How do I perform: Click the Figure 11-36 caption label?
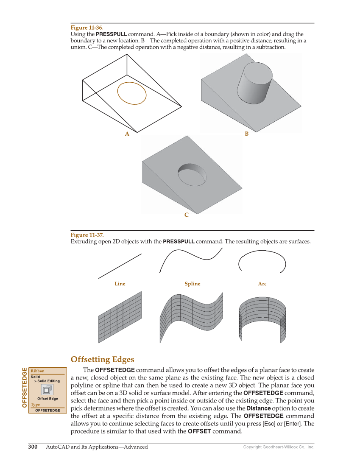[x=87, y=28]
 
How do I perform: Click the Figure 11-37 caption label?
[x=87, y=235]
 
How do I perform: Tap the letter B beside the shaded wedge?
[x=246, y=134]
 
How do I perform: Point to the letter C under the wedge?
[x=186, y=215]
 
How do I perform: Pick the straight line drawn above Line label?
[x=120, y=266]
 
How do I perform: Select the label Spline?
[x=192, y=284]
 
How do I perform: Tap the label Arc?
[x=262, y=284]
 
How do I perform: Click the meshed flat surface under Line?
[x=120, y=316]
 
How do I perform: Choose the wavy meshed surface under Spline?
[x=191, y=316]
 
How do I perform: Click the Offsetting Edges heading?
[x=102, y=360]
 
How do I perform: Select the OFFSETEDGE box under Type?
[x=47, y=410]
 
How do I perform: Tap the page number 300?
[x=33, y=447]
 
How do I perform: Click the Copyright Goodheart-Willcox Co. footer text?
[x=278, y=447]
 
